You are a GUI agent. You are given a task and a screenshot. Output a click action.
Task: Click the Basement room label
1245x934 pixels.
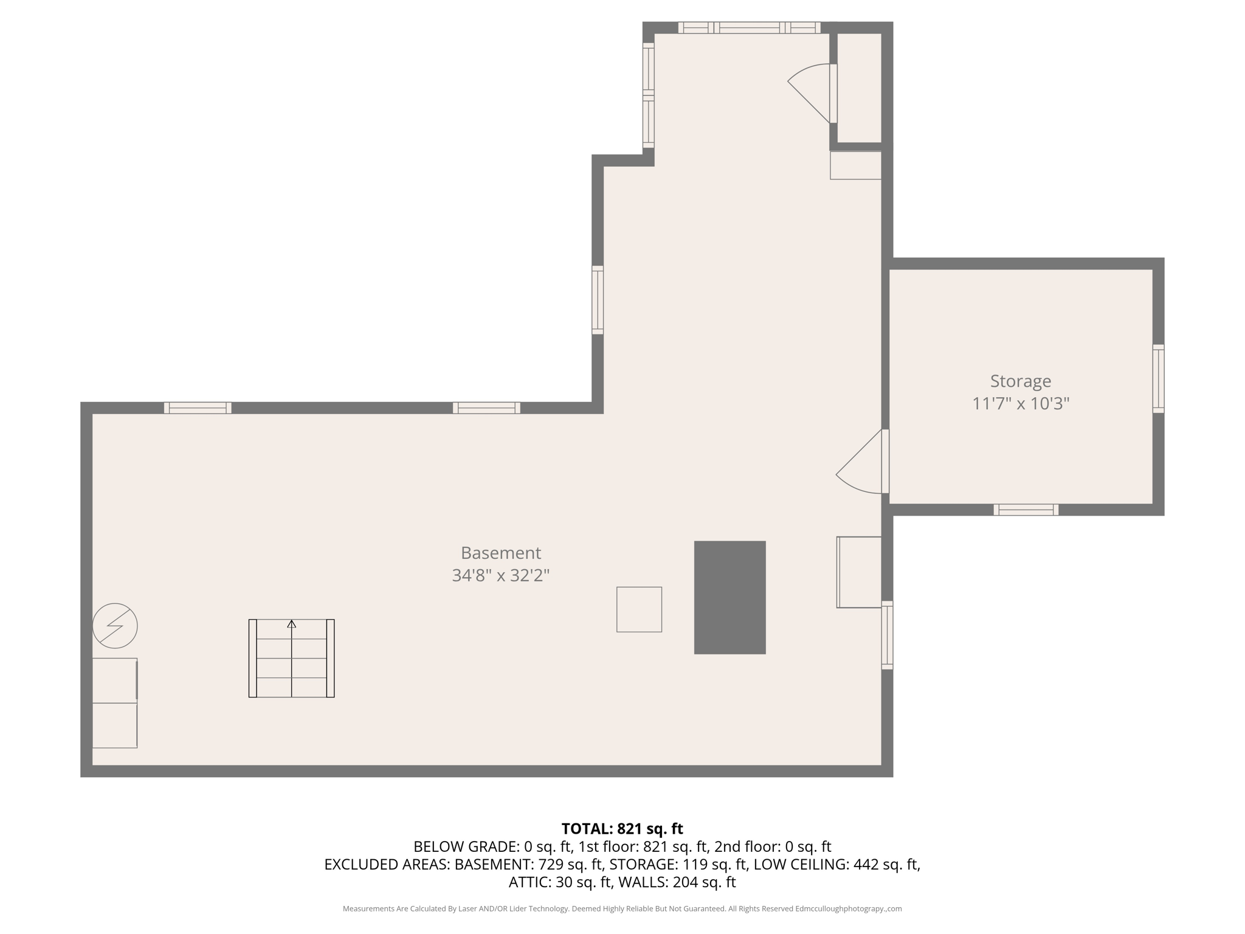click(x=500, y=553)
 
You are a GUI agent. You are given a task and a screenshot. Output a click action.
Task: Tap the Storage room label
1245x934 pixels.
click(x=1020, y=381)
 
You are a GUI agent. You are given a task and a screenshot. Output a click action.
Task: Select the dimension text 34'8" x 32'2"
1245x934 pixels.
click(x=500, y=575)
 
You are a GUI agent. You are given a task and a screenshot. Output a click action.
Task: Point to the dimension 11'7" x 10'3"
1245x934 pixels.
click(x=1020, y=404)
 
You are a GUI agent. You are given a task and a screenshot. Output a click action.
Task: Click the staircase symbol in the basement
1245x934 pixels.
click(x=291, y=659)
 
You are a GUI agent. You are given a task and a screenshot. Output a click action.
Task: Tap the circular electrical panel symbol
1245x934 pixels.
click(x=115, y=626)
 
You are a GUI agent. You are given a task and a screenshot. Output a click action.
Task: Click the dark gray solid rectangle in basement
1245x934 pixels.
click(x=729, y=597)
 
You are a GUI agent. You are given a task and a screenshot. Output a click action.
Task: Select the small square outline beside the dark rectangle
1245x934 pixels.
click(x=639, y=609)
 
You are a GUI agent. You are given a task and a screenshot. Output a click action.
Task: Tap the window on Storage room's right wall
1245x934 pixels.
click(x=1158, y=379)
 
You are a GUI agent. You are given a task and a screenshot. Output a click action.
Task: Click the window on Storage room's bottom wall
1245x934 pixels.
click(x=1026, y=510)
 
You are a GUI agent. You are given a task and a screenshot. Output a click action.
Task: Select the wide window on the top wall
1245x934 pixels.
click(x=749, y=27)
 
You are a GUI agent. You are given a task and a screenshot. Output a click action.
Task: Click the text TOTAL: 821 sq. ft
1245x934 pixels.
click(x=622, y=829)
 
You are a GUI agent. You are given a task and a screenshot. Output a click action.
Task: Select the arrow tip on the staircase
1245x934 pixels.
click(x=291, y=624)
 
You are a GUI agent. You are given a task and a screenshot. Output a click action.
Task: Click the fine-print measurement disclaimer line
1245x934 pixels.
click(x=622, y=908)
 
